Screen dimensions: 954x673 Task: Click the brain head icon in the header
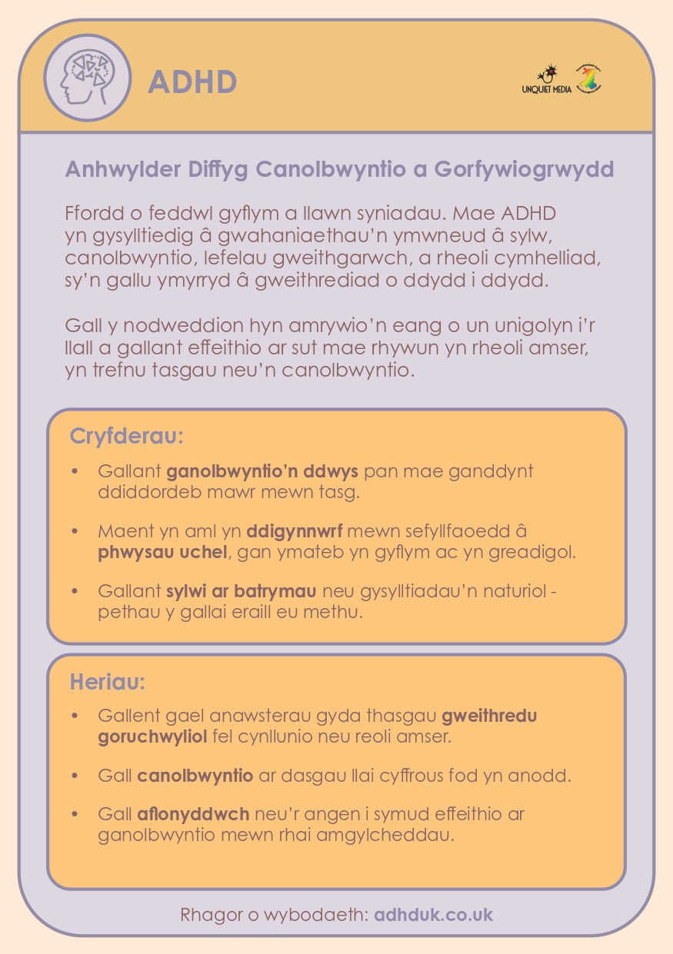[x=83, y=77]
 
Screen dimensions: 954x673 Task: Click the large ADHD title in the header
[x=192, y=81]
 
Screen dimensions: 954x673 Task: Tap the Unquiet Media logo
[x=547, y=80]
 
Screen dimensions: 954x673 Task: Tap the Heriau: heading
[x=108, y=681]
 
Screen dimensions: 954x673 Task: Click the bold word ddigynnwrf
[x=295, y=531]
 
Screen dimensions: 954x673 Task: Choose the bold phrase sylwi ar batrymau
[x=242, y=592]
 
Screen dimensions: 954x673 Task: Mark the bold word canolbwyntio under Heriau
[x=195, y=776]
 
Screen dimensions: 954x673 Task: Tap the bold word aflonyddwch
[x=193, y=814]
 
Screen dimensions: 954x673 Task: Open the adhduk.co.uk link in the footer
[x=434, y=915]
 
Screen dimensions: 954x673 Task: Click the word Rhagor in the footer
[x=208, y=915]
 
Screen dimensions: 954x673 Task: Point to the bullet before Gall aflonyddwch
[x=75, y=814]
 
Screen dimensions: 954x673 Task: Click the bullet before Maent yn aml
[x=75, y=531]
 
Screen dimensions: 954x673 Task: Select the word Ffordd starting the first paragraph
[x=92, y=212]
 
